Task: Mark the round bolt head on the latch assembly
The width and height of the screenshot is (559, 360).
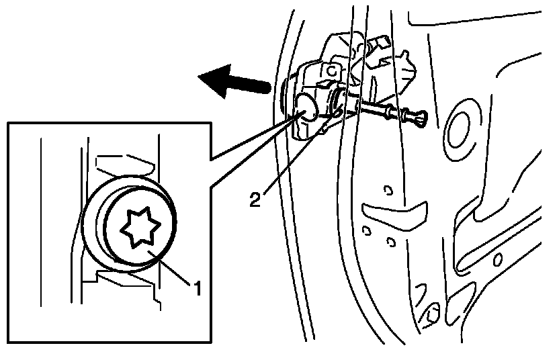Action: (306, 107)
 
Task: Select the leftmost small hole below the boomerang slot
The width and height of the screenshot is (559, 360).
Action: (367, 230)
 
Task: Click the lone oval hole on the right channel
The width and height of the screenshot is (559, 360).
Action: (498, 258)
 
